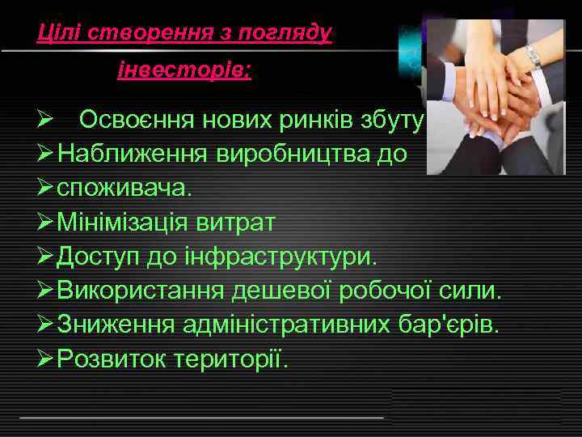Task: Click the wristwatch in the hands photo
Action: click(x=533, y=57)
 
